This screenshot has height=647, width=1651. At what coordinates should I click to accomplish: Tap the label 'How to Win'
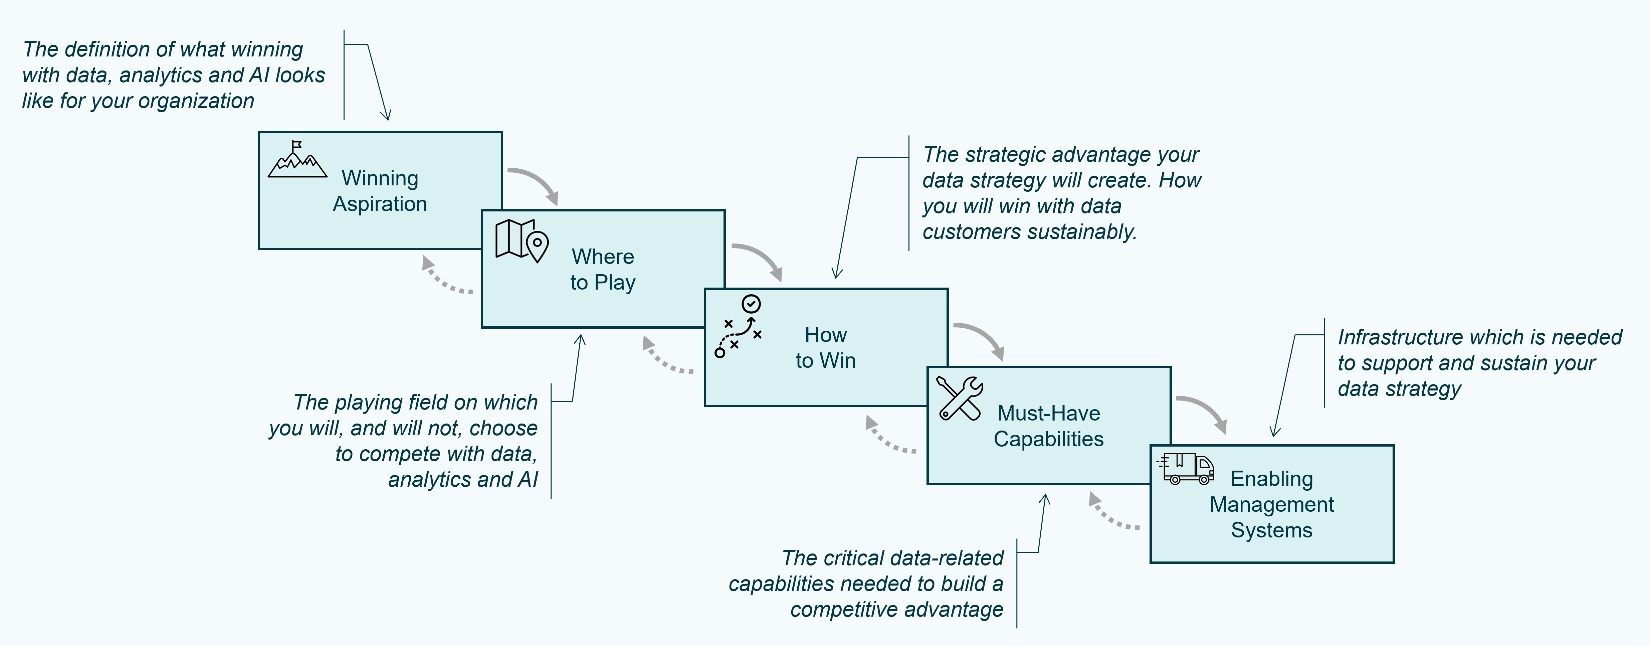pyautogui.click(x=825, y=347)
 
